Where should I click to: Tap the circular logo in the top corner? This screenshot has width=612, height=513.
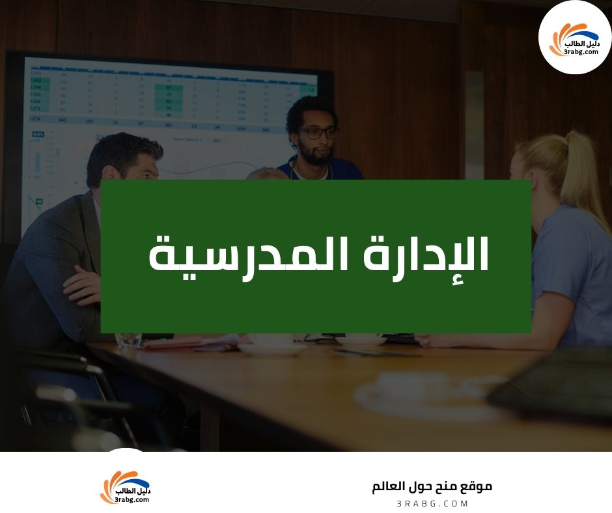[x=575, y=37]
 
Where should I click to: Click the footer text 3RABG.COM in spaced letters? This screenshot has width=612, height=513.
[x=432, y=504]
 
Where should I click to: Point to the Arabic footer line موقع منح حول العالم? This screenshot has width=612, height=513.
[x=432, y=487]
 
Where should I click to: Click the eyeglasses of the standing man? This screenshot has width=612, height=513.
[x=318, y=133]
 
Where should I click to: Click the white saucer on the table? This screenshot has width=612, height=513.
[x=271, y=349]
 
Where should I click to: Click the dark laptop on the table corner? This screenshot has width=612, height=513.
[x=553, y=384]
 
